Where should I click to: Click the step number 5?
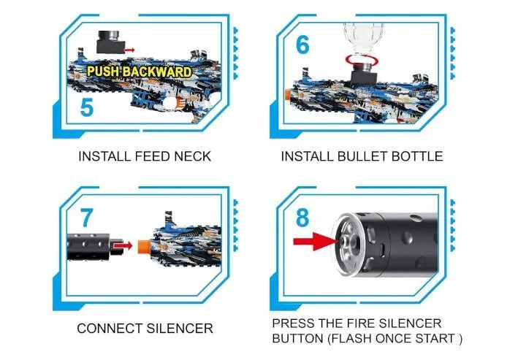coord(86,107)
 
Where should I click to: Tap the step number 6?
coord(302,45)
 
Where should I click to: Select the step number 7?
coord(86,218)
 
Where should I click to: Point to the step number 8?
coord(302,218)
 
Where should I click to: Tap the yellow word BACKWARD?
coord(157,72)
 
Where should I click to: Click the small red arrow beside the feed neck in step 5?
coord(129,50)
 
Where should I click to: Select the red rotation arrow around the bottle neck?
coord(362,59)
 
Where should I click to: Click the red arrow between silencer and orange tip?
coord(123,245)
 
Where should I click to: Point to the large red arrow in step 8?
coord(315,241)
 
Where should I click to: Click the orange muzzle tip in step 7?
coord(144,246)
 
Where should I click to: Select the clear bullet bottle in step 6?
coord(363,39)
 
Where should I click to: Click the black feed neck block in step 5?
coord(110,42)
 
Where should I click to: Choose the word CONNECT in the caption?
coord(110,329)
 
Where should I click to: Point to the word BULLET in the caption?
coord(362,156)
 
